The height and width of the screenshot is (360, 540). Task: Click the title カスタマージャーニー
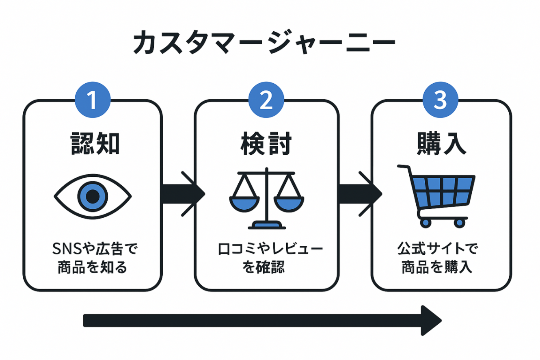click(x=264, y=43)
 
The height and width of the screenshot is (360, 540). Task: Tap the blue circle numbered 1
click(x=93, y=100)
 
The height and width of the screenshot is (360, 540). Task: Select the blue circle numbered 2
click(x=266, y=100)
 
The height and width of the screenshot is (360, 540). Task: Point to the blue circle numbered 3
click(x=440, y=100)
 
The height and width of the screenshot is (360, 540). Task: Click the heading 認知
click(x=95, y=143)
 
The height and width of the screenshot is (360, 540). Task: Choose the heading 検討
click(x=266, y=143)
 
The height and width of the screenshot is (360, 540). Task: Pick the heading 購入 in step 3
click(x=442, y=143)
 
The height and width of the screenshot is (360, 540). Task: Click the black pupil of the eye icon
click(x=93, y=197)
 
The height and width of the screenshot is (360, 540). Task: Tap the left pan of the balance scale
click(x=244, y=204)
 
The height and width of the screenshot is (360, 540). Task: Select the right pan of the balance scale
click(x=289, y=204)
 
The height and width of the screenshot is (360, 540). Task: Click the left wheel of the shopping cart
click(x=426, y=223)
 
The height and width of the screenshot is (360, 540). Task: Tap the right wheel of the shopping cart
click(x=460, y=223)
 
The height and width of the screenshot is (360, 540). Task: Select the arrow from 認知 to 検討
click(x=183, y=194)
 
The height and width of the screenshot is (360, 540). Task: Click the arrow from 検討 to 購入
click(x=360, y=194)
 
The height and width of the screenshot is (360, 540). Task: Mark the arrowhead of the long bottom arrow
click(x=431, y=321)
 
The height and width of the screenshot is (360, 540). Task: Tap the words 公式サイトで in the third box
click(x=437, y=249)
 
